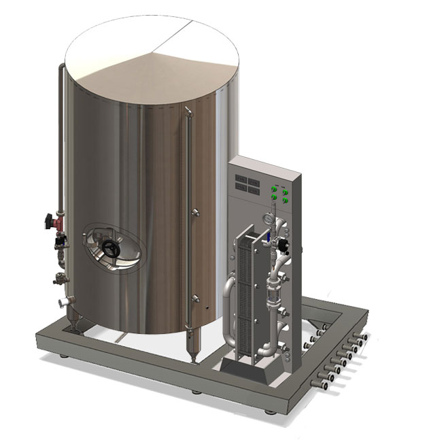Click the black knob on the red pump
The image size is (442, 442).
[x=49, y=220]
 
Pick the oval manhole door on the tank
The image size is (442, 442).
[x=114, y=246]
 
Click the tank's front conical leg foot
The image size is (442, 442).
[x=190, y=354]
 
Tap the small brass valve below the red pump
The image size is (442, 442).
[x=59, y=277]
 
